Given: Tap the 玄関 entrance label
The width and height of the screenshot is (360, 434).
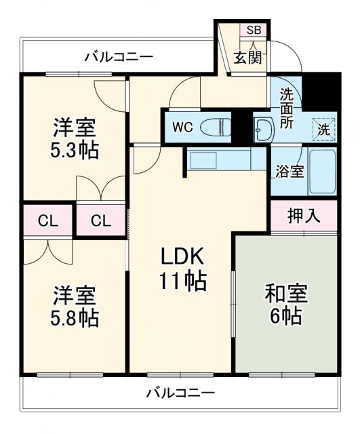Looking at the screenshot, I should tap(248, 58).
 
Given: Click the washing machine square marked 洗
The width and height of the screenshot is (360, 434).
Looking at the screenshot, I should tap(324, 129).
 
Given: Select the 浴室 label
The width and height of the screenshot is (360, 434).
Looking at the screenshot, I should tap(289, 172).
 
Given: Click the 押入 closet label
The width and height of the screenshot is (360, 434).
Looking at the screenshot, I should tap(302, 216).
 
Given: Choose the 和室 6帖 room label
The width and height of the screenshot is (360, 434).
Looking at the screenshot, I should tap(286, 304).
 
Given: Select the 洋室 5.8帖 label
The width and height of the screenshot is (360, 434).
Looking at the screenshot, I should tap(75, 306).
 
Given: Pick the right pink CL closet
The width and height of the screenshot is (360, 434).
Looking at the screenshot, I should tap(101, 220).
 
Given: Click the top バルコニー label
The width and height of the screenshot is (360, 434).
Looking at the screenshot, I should tap(119, 56).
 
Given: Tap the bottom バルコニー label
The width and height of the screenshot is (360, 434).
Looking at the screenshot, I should tap(180, 393).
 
